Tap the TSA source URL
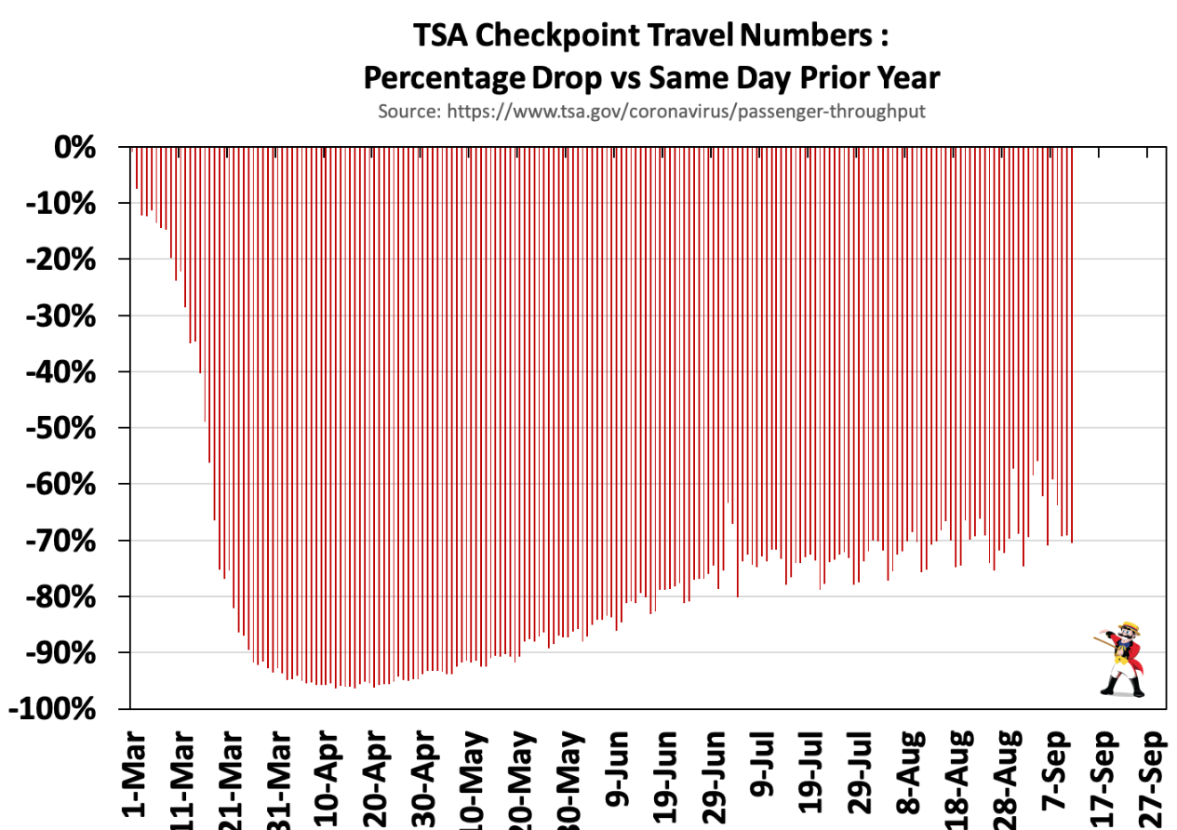(x=687, y=111)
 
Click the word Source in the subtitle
(x=408, y=111)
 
